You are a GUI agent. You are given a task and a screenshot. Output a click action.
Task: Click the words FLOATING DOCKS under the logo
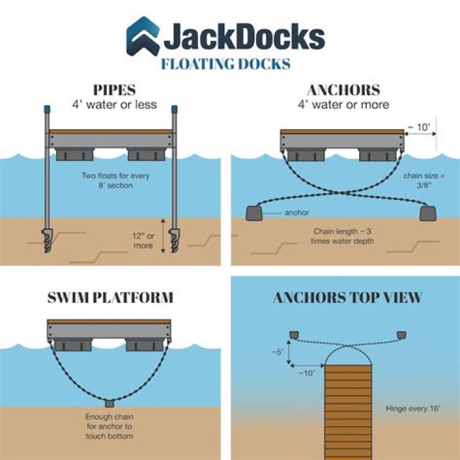(x=226, y=64)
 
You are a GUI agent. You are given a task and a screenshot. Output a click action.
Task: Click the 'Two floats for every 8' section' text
(x=110, y=180)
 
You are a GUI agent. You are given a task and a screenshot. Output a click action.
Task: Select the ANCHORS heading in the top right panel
(x=343, y=89)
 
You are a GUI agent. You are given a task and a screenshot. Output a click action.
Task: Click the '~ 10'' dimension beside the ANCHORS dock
(x=420, y=128)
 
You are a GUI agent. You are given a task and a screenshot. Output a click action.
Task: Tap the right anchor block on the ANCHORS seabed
(x=427, y=213)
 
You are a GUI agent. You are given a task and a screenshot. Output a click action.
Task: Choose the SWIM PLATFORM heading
(x=110, y=298)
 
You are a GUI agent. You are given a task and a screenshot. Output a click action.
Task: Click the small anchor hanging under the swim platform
(x=110, y=403)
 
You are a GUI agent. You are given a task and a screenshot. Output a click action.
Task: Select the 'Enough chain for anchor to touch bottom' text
(x=110, y=427)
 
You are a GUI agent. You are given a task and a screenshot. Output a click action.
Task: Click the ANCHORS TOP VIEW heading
(x=348, y=298)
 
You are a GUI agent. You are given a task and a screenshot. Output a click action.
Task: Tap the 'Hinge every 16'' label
(x=412, y=408)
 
